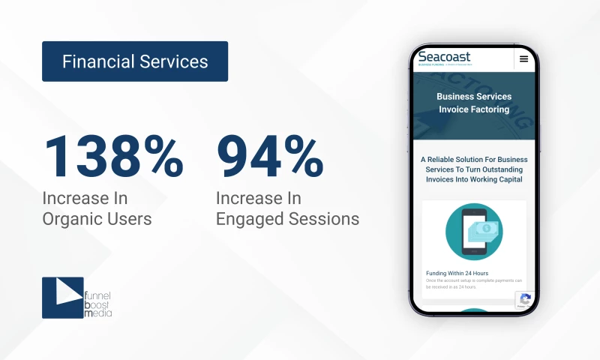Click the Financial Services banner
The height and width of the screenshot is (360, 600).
(135, 61)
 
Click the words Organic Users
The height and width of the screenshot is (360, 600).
(97, 219)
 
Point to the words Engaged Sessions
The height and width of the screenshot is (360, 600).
(287, 219)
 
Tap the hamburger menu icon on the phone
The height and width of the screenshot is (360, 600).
(523, 59)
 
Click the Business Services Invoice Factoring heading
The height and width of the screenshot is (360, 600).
(474, 103)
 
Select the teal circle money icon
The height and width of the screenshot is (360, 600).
(474, 232)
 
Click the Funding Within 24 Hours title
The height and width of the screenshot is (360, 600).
(457, 273)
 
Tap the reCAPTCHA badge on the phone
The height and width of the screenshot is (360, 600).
(525, 300)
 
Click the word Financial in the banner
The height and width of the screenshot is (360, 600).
(97, 61)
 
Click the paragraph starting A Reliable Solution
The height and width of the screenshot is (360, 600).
(474, 169)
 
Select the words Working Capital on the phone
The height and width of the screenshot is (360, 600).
(499, 179)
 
